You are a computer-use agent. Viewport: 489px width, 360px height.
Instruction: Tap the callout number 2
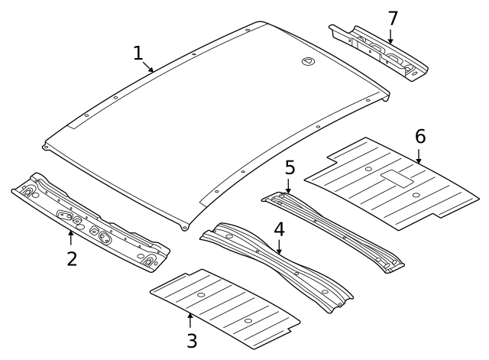[72, 258]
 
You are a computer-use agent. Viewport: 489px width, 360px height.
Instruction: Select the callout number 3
[191, 341]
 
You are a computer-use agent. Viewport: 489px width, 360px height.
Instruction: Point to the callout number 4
[280, 229]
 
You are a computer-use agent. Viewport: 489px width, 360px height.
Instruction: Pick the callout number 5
[290, 167]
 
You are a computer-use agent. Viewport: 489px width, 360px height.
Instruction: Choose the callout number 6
[419, 137]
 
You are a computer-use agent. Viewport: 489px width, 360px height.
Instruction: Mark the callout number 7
[393, 18]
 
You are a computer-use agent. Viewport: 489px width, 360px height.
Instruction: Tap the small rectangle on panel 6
[397, 180]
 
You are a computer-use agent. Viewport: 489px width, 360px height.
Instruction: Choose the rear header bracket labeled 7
[378, 52]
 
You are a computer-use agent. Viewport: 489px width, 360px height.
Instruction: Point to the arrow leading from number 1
[150, 66]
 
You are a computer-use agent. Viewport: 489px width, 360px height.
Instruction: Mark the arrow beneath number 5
[289, 186]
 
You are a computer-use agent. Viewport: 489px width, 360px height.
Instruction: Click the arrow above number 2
[71, 238]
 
